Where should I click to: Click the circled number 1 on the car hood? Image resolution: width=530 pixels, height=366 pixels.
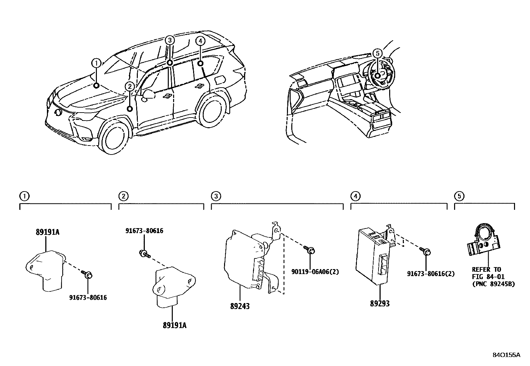pos(96,63)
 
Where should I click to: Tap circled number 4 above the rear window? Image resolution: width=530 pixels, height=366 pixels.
pos(200,41)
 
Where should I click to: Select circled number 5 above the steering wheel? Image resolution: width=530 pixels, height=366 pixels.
pos(377,53)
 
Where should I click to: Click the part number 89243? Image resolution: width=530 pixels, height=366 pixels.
pos(240,306)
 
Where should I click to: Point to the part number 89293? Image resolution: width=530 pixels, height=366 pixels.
pos(380,303)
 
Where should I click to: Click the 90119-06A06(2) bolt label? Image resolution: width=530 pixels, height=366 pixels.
pos(315,272)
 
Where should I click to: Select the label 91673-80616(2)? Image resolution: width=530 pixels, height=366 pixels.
pos(431,273)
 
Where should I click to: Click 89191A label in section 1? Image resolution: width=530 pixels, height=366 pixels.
pos(48,232)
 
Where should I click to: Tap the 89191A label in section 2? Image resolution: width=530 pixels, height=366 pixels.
pos(174,325)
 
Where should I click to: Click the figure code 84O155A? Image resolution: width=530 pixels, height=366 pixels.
pos(506,355)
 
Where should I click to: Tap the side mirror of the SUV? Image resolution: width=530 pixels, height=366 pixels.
pos(148,94)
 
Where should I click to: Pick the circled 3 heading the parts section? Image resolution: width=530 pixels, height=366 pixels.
pos(216,196)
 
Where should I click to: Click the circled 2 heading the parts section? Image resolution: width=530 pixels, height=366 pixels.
pos(123,196)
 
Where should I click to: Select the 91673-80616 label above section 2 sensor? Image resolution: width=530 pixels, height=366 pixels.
pos(144,230)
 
